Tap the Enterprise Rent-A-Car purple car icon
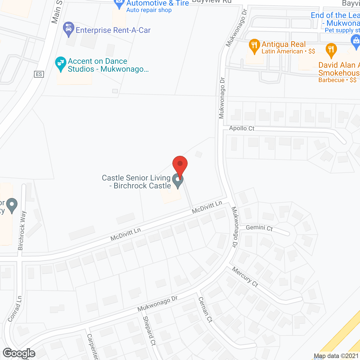click(x=69, y=29)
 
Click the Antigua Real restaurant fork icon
click(x=254, y=46)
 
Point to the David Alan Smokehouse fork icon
click(x=331, y=50)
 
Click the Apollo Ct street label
click(x=242, y=128)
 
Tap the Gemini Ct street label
click(x=259, y=228)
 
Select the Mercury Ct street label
click(x=245, y=277)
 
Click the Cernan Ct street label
click(x=205, y=310)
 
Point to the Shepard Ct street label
click(x=149, y=331)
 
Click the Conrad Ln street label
click(x=15, y=309)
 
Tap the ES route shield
click(x=39, y=74)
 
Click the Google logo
click(x=19, y=353)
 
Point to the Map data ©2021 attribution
click(x=336, y=356)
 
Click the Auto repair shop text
click(x=149, y=10)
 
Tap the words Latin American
click(x=282, y=51)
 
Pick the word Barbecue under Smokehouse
click(x=331, y=80)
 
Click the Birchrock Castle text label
click(x=142, y=186)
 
